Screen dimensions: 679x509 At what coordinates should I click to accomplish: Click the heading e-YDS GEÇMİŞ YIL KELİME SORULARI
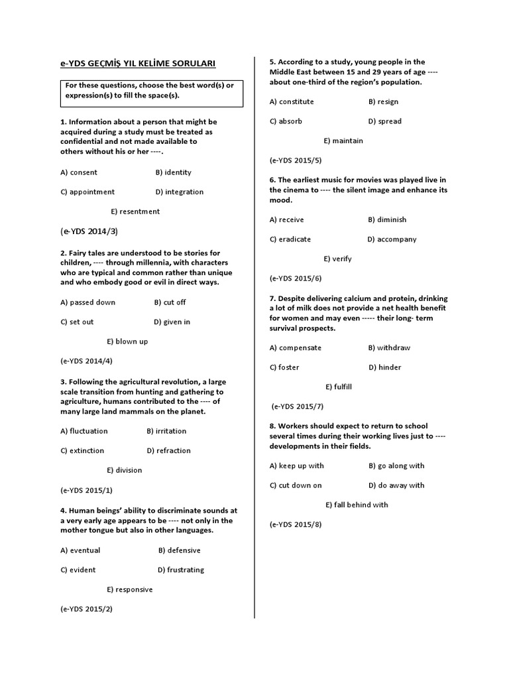pyautogui.click(x=138, y=64)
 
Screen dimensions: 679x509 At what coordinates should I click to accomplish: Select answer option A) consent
pyautogui.click(x=79, y=172)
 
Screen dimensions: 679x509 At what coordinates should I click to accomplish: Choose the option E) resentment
pyautogui.click(x=135, y=212)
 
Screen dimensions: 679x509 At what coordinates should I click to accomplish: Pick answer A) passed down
pyautogui.click(x=87, y=302)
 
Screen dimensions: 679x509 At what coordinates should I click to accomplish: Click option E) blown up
pyautogui.click(x=127, y=341)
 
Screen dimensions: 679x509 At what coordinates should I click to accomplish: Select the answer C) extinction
pyautogui.click(x=82, y=451)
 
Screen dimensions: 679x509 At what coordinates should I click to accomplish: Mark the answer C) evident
pyautogui.click(x=78, y=570)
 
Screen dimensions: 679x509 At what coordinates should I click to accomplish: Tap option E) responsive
pyautogui.click(x=129, y=589)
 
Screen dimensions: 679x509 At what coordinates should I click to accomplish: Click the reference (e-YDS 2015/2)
pyautogui.click(x=86, y=609)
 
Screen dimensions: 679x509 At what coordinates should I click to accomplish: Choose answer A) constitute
pyautogui.click(x=292, y=102)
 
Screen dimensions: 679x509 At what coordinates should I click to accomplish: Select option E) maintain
pyautogui.click(x=343, y=141)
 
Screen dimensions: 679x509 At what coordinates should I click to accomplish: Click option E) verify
pyautogui.click(x=337, y=259)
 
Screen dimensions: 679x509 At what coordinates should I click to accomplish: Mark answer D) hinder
pyautogui.click(x=385, y=367)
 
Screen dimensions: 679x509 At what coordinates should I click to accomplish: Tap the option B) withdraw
pyautogui.click(x=389, y=348)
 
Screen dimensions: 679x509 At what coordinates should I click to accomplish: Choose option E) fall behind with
pyautogui.click(x=357, y=505)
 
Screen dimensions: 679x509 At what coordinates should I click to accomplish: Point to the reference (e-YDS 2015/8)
pyautogui.click(x=296, y=525)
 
